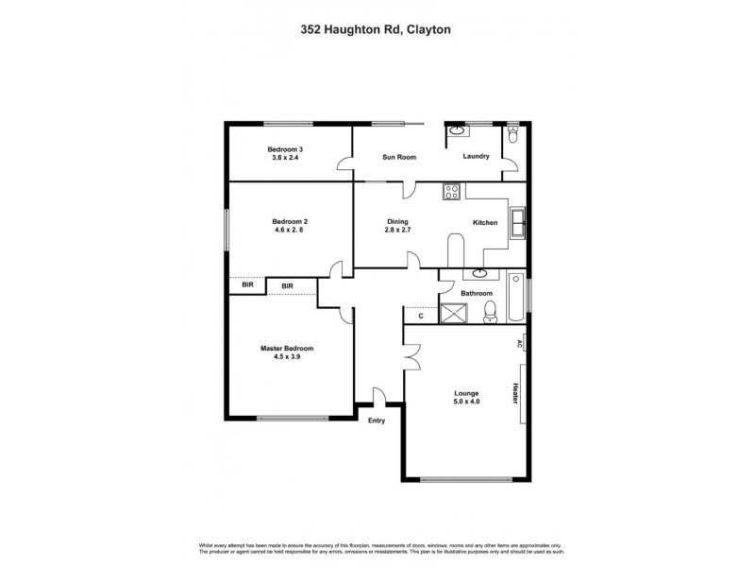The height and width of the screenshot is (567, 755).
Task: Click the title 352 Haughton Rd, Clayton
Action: [377, 30]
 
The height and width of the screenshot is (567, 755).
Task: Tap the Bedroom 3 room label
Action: [284, 149]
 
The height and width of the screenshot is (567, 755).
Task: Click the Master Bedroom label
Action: [287, 348]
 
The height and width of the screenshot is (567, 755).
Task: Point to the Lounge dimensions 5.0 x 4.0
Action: [465, 402]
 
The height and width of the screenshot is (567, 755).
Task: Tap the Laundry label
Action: [476, 157]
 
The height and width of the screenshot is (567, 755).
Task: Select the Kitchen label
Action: [485, 223]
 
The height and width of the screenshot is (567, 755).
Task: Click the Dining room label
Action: [396, 222]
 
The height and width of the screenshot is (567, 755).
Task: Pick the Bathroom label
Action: [477, 294]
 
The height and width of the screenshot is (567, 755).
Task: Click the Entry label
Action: [377, 421]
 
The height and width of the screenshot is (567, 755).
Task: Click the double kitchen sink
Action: [517, 223]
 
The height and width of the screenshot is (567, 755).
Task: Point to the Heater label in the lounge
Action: [516, 394]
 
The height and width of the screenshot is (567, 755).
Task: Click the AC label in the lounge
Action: [519, 345]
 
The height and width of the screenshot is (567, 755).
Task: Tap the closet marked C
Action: [421, 317]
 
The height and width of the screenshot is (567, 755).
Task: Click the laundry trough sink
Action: [455, 132]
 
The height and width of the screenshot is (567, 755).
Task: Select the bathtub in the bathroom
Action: [515, 298]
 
